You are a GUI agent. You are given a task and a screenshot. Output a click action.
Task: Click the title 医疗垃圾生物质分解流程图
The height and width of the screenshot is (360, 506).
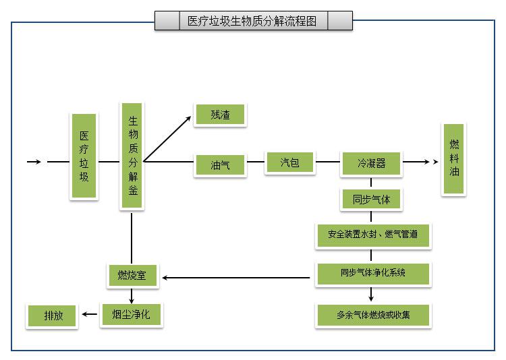252,21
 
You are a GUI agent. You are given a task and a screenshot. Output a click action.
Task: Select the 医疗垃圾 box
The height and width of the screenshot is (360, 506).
84,156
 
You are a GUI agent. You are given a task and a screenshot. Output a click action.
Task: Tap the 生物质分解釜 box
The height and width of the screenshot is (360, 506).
132,156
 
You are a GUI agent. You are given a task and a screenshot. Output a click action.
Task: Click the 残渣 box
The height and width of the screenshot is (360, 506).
220,115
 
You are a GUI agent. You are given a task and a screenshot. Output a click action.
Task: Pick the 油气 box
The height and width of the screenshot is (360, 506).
220,164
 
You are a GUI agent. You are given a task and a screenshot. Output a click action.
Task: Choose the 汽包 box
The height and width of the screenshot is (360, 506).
289,162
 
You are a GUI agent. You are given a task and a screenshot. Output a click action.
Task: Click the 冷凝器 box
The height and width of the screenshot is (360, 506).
371,163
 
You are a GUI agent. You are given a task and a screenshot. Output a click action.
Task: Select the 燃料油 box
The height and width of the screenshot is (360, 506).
453,159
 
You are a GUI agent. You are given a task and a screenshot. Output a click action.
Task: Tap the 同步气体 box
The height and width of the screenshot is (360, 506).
371,200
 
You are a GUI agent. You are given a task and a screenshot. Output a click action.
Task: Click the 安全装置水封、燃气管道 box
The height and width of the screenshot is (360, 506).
372,235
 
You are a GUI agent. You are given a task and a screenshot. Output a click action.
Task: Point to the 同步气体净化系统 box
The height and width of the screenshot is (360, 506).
372,273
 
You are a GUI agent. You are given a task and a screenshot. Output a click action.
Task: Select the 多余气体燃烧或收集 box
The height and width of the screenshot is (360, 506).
372,315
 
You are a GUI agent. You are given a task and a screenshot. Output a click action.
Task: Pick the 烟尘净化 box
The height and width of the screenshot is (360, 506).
132,314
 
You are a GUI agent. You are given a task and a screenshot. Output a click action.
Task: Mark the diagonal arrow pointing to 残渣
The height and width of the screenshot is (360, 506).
168,139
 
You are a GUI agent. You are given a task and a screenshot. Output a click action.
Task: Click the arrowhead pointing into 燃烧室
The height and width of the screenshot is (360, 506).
165,277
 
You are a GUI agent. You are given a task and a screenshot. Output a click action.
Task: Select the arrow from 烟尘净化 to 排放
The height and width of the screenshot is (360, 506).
88,314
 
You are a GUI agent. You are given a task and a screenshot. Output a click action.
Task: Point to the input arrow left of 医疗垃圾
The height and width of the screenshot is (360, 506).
34,162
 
